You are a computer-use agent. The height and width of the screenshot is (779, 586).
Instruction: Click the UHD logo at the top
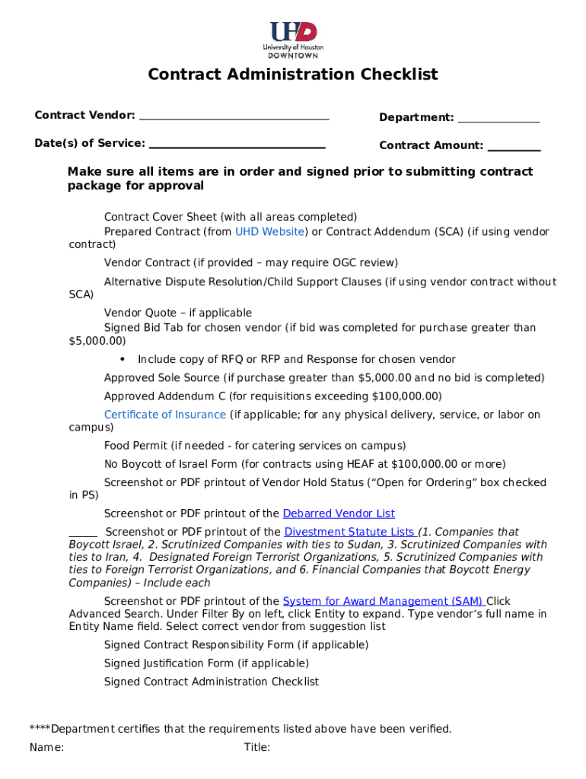pos(293,40)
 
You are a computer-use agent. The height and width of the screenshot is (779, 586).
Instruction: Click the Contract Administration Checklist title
pos(293,75)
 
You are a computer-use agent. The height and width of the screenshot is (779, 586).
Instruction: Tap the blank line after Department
pos(498,120)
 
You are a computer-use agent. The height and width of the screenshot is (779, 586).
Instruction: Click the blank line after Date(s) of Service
pos(237,146)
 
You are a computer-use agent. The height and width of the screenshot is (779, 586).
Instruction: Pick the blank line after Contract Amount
pos(514,148)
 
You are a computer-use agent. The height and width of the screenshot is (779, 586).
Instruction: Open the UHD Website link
pos(270,232)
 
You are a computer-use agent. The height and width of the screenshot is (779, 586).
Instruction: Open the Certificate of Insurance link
pos(165,415)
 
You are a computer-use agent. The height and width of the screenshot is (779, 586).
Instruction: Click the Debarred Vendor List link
pos(339,514)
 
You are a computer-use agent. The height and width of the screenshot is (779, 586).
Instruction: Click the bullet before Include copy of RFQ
pos(123,359)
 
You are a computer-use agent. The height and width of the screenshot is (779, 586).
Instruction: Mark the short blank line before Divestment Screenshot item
pos(83,536)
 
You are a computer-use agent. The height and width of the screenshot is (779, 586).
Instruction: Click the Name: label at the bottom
pos(46,748)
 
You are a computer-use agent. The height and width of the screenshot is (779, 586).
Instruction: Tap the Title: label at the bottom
pos(257,748)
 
